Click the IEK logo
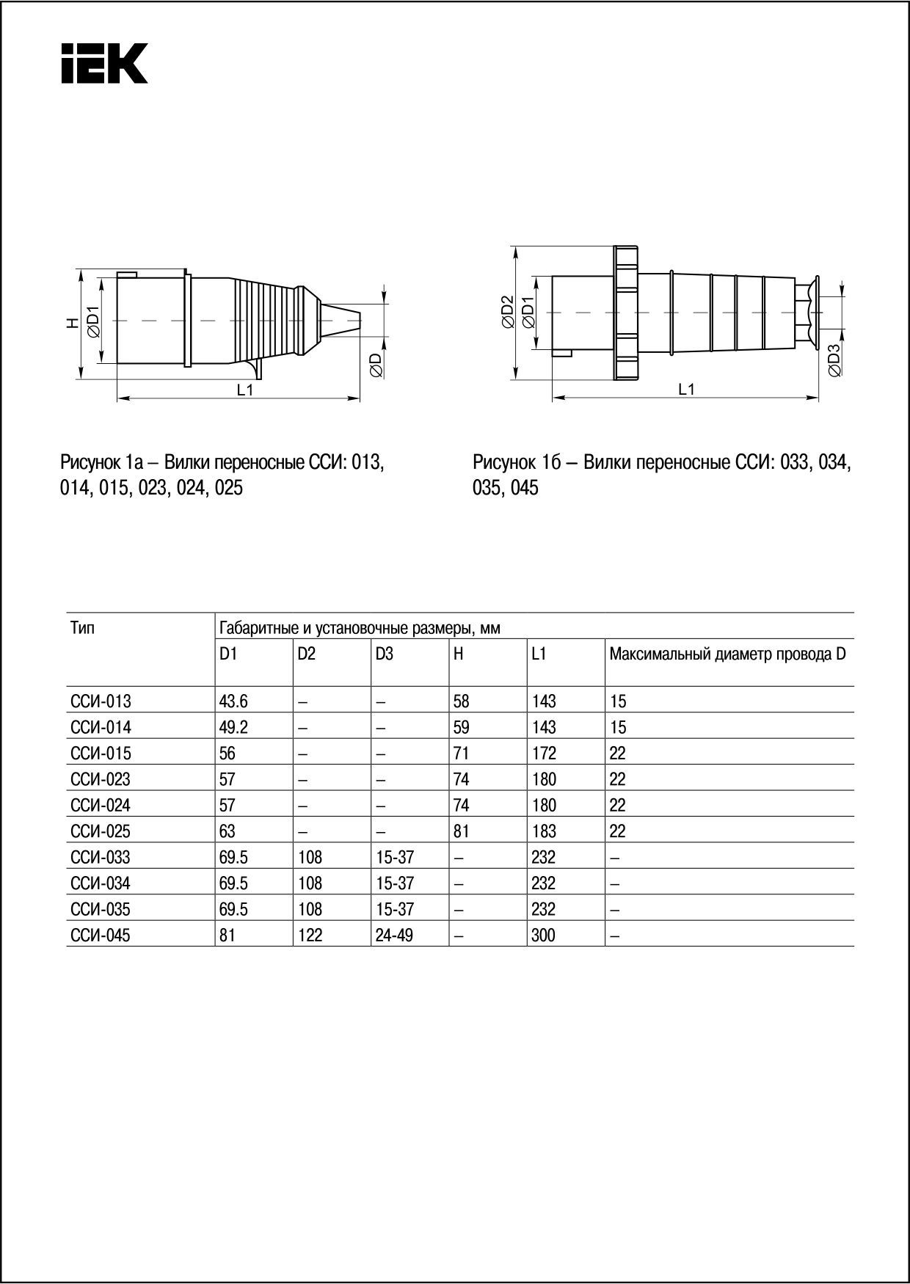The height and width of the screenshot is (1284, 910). [x=104, y=63]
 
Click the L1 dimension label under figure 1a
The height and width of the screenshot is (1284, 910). [x=245, y=390]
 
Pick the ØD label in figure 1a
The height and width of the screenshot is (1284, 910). [x=375, y=365]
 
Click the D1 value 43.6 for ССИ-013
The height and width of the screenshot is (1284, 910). [x=233, y=701]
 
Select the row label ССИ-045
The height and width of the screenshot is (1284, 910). [x=101, y=935]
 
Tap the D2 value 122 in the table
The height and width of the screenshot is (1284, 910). [x=310, y=935]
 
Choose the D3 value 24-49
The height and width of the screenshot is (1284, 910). [x=394, y=935]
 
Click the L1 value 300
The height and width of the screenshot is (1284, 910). [x=544, y=935]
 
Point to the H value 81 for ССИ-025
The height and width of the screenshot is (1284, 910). [x=462, y=831]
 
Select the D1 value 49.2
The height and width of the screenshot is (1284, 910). [x=233, y=727]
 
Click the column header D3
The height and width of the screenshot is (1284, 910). [x=384, y=654]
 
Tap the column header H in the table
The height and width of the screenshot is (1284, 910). [x=459, y=654]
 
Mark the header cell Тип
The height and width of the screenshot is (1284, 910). [x=83, y=628]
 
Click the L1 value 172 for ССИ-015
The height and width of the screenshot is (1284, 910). [x=544, y=754]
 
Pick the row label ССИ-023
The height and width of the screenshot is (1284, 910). [x=101, y=779]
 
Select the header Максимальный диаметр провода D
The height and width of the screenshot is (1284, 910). [x=727, y=654]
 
